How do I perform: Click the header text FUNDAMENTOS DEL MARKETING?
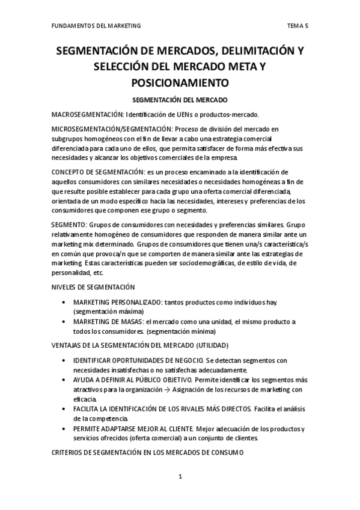(96, 26)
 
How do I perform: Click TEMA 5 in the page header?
(297, 26)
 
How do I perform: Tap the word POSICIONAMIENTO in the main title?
(180, 80)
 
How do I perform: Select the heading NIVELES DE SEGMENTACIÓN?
(93, 287)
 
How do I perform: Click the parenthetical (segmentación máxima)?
(108, 312)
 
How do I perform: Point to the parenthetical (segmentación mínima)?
(181, 331)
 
